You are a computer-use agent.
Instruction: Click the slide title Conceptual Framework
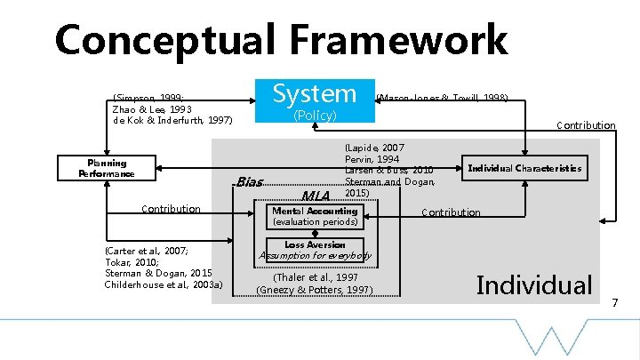coord(281,40)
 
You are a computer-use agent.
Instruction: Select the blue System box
coord(314,93)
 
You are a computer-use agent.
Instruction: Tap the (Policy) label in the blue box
coord(314,116)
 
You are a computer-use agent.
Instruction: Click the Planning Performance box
coord(107,168)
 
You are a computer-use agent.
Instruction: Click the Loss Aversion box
coord(314,244)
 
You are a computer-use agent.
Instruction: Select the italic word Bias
coord(251,182)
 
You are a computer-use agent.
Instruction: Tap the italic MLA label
coord(316,196)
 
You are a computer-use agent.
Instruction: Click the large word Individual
coord(534,284)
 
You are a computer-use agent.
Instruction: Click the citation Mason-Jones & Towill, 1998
coord(443,98)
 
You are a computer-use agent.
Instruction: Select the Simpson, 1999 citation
coord(148,98)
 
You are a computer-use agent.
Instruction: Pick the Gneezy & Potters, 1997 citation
coord(314,289)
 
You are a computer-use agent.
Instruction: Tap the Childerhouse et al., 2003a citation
coord(164,284)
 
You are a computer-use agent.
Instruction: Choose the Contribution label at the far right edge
coord(585,125)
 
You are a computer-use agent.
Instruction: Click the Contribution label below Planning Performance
coord(171,209)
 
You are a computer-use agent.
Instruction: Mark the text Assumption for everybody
coord(314,256)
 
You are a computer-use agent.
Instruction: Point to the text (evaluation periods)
coord(314,222)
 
